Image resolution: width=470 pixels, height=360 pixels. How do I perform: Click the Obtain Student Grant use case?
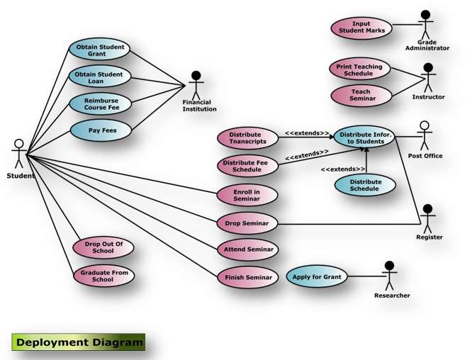[x=100, y=51]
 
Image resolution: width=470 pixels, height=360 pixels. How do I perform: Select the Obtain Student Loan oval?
[x=100, y=77]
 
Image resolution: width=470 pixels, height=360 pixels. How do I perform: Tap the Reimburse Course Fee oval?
[x=100, y=103]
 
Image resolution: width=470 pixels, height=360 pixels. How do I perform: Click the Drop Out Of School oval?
[x=103, y=247]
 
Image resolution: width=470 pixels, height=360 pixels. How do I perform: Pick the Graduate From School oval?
[x=103, y=276]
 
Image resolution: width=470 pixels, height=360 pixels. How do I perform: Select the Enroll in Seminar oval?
[x=247, y=196]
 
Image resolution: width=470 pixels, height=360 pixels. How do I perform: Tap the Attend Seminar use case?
[x=247, y=249]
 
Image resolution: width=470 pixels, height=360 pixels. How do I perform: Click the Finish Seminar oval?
[x=247, y=277]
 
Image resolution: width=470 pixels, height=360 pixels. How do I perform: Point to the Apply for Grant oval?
[x=317, y=276]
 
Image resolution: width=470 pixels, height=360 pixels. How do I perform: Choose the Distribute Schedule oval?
[x=365, y=185]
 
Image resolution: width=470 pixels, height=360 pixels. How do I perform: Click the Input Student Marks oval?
[x=362, y=28]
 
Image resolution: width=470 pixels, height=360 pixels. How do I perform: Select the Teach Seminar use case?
[x=360, y=96]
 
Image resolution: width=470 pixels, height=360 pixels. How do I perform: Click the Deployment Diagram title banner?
[x=78, y=342]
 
